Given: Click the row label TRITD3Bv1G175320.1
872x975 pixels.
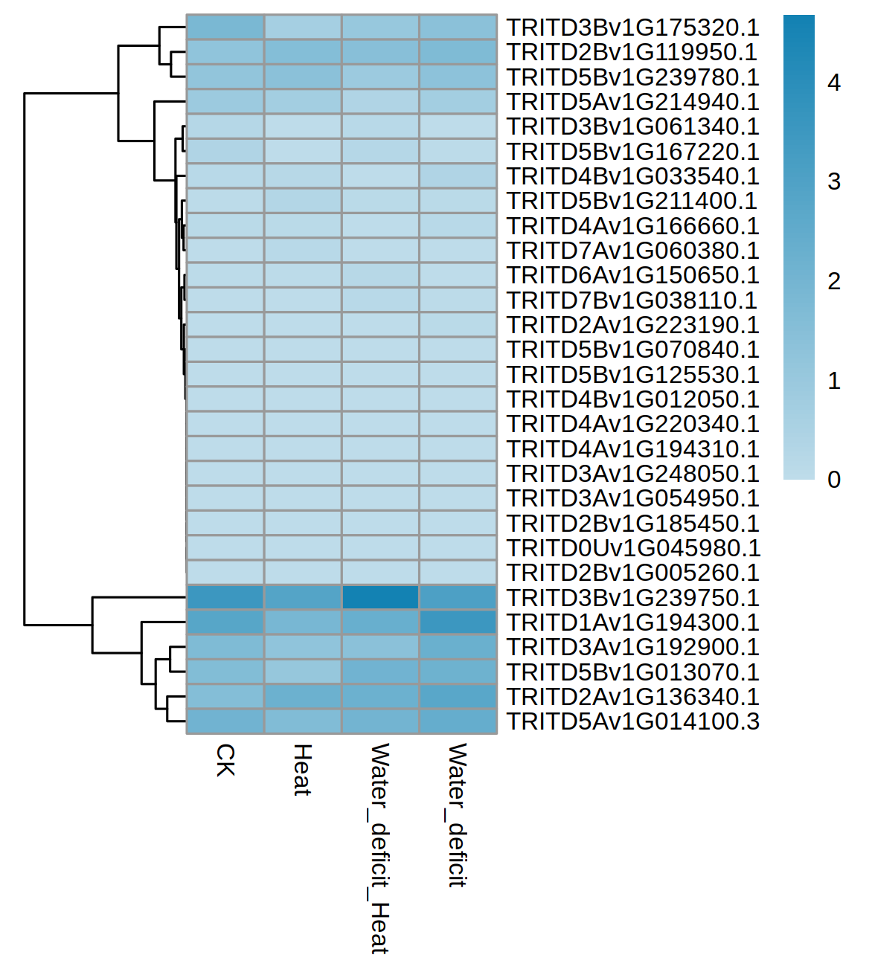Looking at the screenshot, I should click(632, 28).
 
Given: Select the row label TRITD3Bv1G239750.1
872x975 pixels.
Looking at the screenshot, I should click(632, 598).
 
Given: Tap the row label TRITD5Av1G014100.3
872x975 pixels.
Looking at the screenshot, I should click(632, 721).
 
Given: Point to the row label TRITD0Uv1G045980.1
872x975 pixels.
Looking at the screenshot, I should click(632, 548).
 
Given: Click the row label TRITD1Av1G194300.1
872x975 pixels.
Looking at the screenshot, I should click(632, 622).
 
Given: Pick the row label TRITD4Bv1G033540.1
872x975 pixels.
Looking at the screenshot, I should click(632, 176).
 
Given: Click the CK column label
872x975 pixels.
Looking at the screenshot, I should click(225, 760).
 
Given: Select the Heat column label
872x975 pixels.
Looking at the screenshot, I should click(302, 770).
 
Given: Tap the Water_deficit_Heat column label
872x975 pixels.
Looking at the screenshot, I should click(379, 848).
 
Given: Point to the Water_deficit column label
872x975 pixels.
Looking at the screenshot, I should click(457, 815).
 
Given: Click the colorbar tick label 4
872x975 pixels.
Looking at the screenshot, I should click(834, 83).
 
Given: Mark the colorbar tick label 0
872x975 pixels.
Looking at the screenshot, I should click(834, 480).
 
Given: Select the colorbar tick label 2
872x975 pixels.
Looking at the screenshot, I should click(834, 281).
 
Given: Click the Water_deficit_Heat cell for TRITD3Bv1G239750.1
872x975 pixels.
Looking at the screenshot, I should click(380, 598).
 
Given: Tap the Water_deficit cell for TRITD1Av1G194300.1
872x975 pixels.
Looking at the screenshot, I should click(458, 622).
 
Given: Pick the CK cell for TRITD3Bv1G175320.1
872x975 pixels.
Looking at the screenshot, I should click(225, 28).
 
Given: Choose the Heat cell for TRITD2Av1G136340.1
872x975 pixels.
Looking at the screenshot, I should click(303, 697).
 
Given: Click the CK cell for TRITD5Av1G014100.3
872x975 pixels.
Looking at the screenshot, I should click(225, 721).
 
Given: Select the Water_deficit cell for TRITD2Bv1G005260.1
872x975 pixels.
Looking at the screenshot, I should click(458, 573).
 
